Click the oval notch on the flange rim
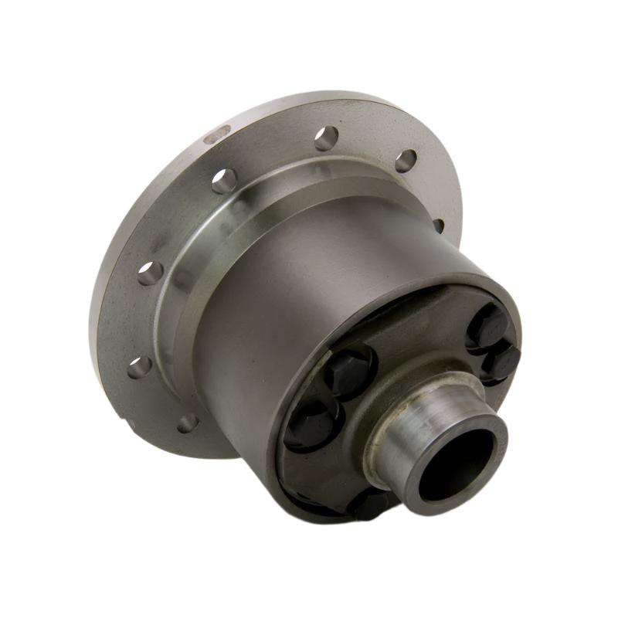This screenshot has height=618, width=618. [x=217, y=135]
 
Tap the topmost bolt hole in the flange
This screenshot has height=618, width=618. [x=326, y=138]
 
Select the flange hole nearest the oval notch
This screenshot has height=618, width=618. [x=224, y=181]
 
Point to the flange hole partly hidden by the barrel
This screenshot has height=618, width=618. [x=438, y=225]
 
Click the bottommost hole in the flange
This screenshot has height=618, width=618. [x=188, y=423]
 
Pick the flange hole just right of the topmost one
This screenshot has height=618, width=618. [x=406, y=161]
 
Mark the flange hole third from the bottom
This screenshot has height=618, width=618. [x=150, y=273]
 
